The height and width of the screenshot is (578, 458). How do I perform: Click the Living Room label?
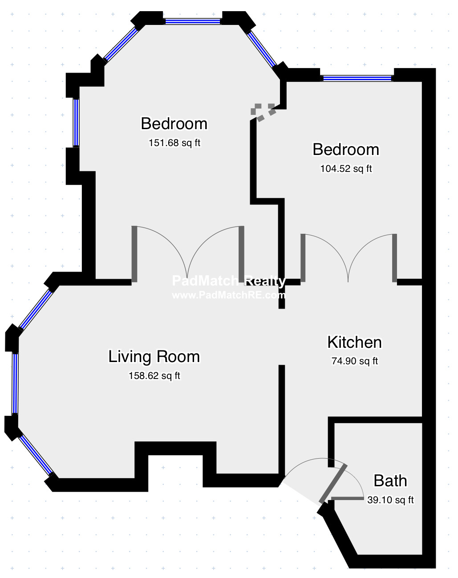[154, 357]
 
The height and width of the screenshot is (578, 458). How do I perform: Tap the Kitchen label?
[355, 342]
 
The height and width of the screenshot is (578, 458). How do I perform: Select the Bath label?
[390, 480]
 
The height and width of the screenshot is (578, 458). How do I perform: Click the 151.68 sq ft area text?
[174, 142]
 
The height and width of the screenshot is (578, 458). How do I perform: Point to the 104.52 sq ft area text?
[346, 169]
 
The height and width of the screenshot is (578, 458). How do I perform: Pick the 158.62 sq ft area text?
[154, 375]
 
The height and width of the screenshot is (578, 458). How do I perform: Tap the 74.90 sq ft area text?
[355, 361]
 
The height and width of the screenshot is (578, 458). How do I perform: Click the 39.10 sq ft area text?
[390, 500]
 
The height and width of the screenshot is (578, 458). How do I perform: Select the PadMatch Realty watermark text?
[229, 281]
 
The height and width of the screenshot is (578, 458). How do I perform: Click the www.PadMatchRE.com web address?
[229, 295]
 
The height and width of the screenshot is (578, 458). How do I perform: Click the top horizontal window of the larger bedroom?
[192, 21]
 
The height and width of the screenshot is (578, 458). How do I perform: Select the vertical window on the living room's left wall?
[15, 384]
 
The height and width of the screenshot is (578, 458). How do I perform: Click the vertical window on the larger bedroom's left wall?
[76, 122]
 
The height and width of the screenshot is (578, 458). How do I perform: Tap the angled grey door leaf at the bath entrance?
[333, 483]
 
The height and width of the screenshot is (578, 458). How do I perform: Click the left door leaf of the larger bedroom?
[134, 254]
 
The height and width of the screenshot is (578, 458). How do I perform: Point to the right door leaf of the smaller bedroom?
[394, 258]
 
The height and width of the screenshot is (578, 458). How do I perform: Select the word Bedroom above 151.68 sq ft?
[174, 123]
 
